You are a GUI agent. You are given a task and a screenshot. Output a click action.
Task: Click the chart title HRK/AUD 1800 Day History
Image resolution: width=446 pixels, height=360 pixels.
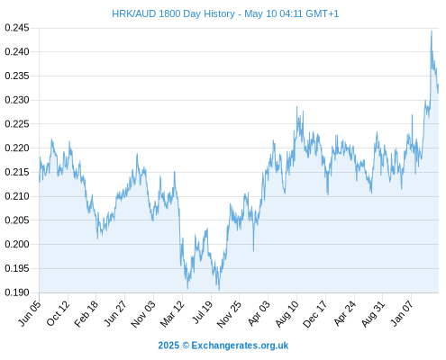tap(173, 13)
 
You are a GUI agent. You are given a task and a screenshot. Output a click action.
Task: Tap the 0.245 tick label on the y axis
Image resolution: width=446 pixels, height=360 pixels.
tap(17, 28)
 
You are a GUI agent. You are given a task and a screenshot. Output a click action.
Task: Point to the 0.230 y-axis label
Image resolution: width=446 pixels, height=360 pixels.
tap(17, 100)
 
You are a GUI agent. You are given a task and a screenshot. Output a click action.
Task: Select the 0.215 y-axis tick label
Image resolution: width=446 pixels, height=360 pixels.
tap(17, 172)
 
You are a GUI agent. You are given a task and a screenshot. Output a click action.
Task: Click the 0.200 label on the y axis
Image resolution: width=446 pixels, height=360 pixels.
tap(17, 244)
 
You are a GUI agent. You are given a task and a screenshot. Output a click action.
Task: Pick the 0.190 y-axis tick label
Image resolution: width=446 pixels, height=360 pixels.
tap(17, 292)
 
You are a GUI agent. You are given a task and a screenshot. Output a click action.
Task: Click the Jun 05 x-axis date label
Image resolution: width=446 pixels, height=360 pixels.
tap(30, 313)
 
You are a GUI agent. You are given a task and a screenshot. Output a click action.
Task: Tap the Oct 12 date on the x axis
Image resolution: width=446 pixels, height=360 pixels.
tap(59, 313)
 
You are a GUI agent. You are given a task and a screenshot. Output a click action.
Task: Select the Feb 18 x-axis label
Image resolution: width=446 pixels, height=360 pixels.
tap(86, 313)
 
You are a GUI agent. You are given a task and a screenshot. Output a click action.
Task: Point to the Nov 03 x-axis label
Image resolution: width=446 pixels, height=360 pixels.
tap(143, 314)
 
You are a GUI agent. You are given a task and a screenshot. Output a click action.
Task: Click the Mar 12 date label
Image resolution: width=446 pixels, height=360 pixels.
tap(172, 313)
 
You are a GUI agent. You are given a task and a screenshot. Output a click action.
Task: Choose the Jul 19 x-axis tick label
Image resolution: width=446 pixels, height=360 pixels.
tap(203, 312)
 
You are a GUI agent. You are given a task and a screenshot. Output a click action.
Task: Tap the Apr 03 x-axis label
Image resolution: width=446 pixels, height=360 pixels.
tap(259, 313)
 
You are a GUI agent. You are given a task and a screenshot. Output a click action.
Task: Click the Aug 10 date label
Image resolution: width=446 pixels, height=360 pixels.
tap(287, 313)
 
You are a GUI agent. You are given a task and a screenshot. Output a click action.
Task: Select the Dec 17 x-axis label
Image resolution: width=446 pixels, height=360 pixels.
tap(315, 314)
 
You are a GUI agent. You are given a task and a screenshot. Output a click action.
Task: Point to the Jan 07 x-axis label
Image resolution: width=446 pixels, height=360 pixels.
tap(402, 313)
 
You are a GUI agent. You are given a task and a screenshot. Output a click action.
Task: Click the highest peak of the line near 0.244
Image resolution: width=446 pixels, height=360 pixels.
tap(432, 31)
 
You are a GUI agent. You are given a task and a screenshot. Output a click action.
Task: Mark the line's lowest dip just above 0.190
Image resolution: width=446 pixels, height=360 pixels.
tap(219, 290)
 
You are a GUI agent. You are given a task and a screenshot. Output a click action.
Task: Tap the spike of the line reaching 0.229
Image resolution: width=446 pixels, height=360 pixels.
tap(296, 106)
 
